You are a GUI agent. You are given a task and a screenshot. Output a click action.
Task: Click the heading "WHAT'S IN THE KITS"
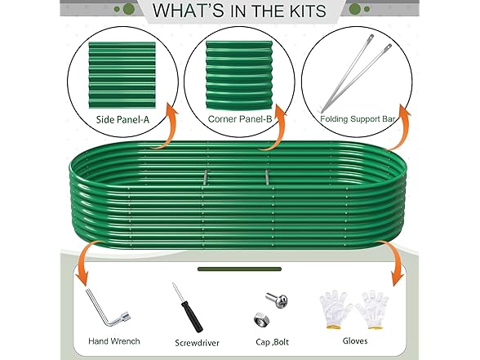(x=239, y=11)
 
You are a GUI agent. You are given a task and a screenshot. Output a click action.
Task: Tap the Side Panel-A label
(x=122, y=119)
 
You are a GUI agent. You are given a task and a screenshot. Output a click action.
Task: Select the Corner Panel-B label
(x=240, y=119)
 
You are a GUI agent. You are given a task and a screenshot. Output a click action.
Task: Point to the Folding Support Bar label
(x=358, y=119)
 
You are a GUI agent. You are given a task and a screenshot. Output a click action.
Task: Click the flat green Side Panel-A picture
(x=122, y=75)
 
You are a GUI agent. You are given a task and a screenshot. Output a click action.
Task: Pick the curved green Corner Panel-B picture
(x=238, y=75)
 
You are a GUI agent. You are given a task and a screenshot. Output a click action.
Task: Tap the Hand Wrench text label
(x=114, y=341)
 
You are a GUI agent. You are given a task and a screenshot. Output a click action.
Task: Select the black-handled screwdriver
(x=188, y=308)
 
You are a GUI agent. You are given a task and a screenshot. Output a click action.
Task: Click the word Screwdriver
(x=197, y=343)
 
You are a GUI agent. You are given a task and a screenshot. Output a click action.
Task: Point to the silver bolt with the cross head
(x=277, y=300)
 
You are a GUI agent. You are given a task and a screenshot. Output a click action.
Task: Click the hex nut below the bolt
(x=261, y=320)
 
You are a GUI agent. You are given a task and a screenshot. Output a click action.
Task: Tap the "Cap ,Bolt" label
(x=272, y=341)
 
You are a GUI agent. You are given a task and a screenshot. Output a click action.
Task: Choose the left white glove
(x=336, y=310)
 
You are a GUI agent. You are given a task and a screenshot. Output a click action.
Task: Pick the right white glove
(x=372, y=310)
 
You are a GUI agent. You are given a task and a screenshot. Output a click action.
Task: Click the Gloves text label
(x=355, y=340)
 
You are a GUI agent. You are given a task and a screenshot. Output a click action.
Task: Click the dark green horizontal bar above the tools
(x=239, y=269)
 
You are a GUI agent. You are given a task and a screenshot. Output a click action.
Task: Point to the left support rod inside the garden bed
(x=205, y=178)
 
